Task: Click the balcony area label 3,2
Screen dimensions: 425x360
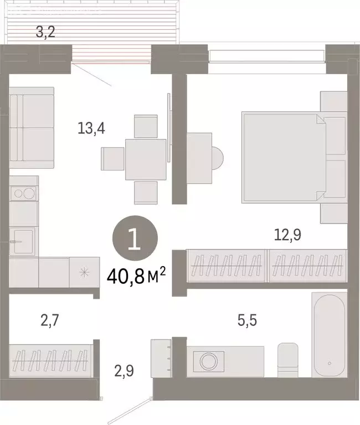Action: (x=45, y=32)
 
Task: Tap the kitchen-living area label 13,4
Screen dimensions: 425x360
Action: (x=92, y=128)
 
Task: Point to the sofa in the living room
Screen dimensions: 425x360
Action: (x=32, y=128)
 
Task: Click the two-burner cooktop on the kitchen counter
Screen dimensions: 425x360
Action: (x=24, y=194)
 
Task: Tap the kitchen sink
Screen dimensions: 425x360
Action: (x=24, y=241)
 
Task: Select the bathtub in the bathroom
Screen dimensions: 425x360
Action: (x=329, y=337)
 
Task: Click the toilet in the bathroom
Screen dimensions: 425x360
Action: (x=288, y=360)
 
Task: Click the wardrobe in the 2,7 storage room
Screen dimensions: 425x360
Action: (x=50, y=360)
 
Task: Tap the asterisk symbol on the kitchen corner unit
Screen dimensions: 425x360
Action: (x=84, y=272)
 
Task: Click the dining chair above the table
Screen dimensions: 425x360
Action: (x=146, y=126)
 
